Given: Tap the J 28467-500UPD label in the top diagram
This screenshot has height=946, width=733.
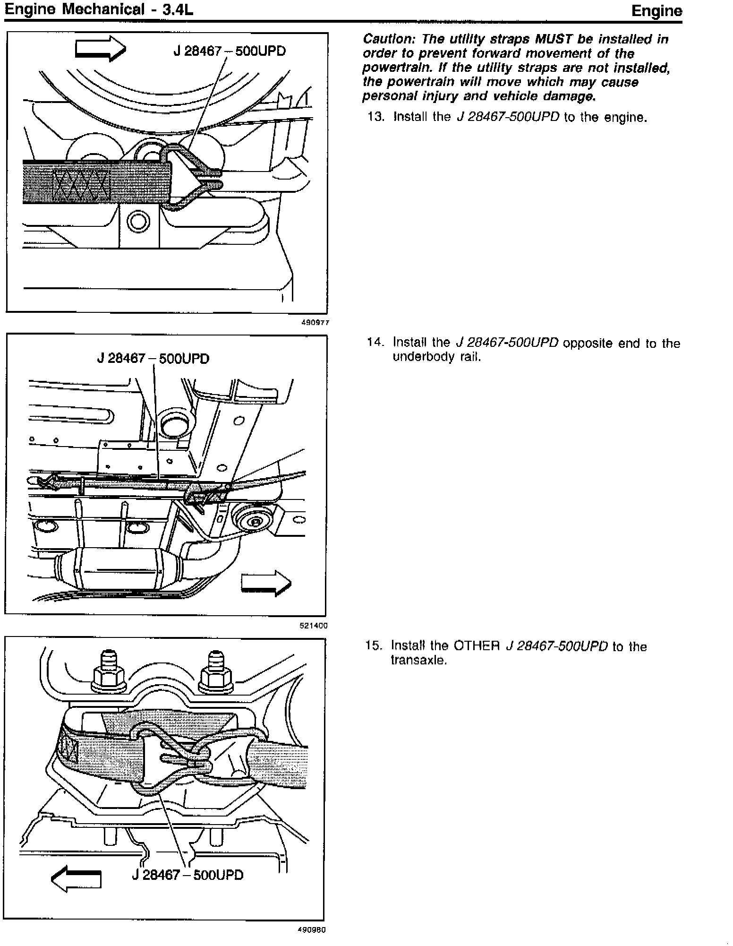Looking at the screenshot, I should (x=230, y=51).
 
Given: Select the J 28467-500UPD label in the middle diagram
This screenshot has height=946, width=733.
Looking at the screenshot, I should (x=153, y=359).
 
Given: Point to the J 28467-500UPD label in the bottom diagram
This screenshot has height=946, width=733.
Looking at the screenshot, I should (x=188, y=875).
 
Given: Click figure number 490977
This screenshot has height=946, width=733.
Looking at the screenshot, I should (x=315, y=323).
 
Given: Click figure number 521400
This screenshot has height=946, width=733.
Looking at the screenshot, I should (x=314, y=626).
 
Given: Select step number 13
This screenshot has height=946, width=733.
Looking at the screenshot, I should (x=376, y=117).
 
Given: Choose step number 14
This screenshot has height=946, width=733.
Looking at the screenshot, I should (x=376, y=343).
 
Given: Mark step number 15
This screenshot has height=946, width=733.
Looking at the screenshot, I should (x=375, y=646).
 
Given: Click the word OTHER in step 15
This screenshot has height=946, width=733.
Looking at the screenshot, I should (x=477, y=646).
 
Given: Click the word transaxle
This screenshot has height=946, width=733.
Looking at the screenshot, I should (x=418, y=660).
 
